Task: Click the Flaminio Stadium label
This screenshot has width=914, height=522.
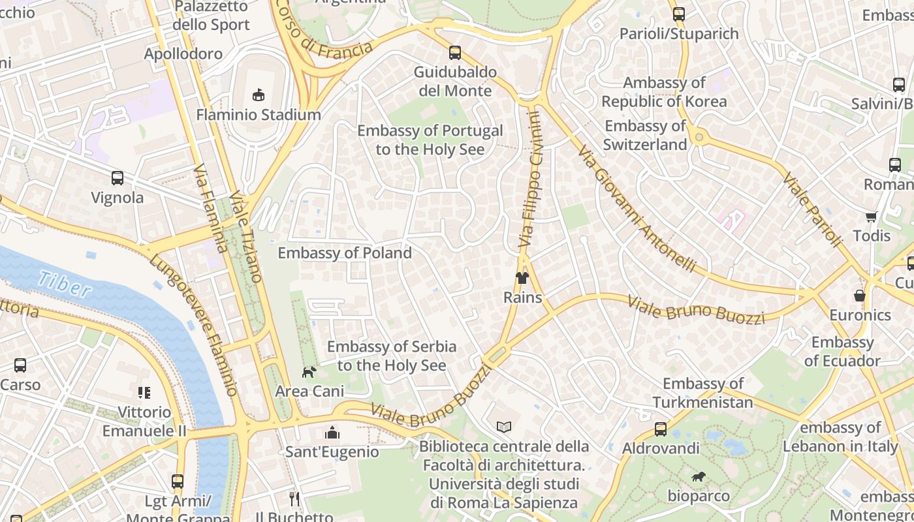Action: tap(259, 115)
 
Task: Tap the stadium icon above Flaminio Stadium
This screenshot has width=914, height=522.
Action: tap(259, 95)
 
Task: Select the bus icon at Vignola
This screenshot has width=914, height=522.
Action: tap(118, 177)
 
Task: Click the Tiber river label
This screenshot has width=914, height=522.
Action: tap(64, 284)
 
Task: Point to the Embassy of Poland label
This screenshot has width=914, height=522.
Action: tap(345, 253)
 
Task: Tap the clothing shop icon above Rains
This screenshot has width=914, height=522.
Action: tap(522, 278)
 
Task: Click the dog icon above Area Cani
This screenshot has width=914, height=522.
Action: tap(309, 372)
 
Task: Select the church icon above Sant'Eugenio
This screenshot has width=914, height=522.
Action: tap(332, 433)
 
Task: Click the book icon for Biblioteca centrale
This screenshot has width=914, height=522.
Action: tap(503, 427)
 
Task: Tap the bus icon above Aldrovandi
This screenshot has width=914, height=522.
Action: tap(661, 429)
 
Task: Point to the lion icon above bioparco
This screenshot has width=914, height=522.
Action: tap(698, 477)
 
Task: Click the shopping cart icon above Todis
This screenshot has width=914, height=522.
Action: tap(871, 217)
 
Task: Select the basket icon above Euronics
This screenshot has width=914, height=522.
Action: tap(860, 296)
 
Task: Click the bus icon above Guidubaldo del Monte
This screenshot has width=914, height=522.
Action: tap(455, 53)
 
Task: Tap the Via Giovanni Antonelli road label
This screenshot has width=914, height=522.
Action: tap(637, 209)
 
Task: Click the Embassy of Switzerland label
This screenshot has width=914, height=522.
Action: tap(645, 135)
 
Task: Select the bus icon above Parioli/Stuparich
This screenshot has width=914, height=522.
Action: tap(679, 14)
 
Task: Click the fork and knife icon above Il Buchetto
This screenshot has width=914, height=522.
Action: tap(294, 499)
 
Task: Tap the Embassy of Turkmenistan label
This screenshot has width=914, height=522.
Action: tap(702, 393)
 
